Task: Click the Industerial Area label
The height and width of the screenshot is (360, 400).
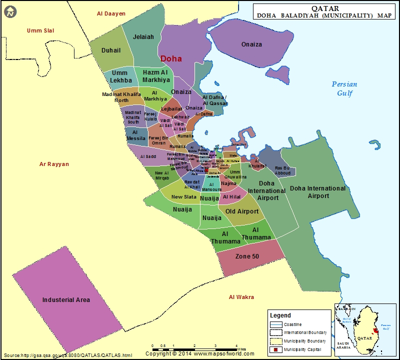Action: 66,299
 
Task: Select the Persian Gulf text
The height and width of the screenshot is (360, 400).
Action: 344,88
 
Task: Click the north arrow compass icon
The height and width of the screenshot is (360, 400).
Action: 9,11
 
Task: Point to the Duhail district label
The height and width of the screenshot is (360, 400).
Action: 111,50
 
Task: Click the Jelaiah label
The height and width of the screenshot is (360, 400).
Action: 144,37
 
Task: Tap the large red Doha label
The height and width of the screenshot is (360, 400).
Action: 170,58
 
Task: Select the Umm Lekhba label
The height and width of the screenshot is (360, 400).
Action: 121,76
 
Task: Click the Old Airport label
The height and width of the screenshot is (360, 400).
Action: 242,211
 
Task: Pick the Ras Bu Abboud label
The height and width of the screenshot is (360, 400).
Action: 282,170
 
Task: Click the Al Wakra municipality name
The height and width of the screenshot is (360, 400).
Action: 241,297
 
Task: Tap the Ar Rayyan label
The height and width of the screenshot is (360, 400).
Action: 54,164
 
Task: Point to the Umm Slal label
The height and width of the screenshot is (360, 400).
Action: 40,30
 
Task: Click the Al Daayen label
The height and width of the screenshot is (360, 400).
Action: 111,13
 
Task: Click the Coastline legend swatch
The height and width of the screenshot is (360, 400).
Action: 275,324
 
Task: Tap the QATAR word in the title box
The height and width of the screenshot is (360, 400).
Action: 325,8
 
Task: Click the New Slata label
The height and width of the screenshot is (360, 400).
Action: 184,197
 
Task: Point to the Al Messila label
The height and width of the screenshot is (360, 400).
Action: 135,134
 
